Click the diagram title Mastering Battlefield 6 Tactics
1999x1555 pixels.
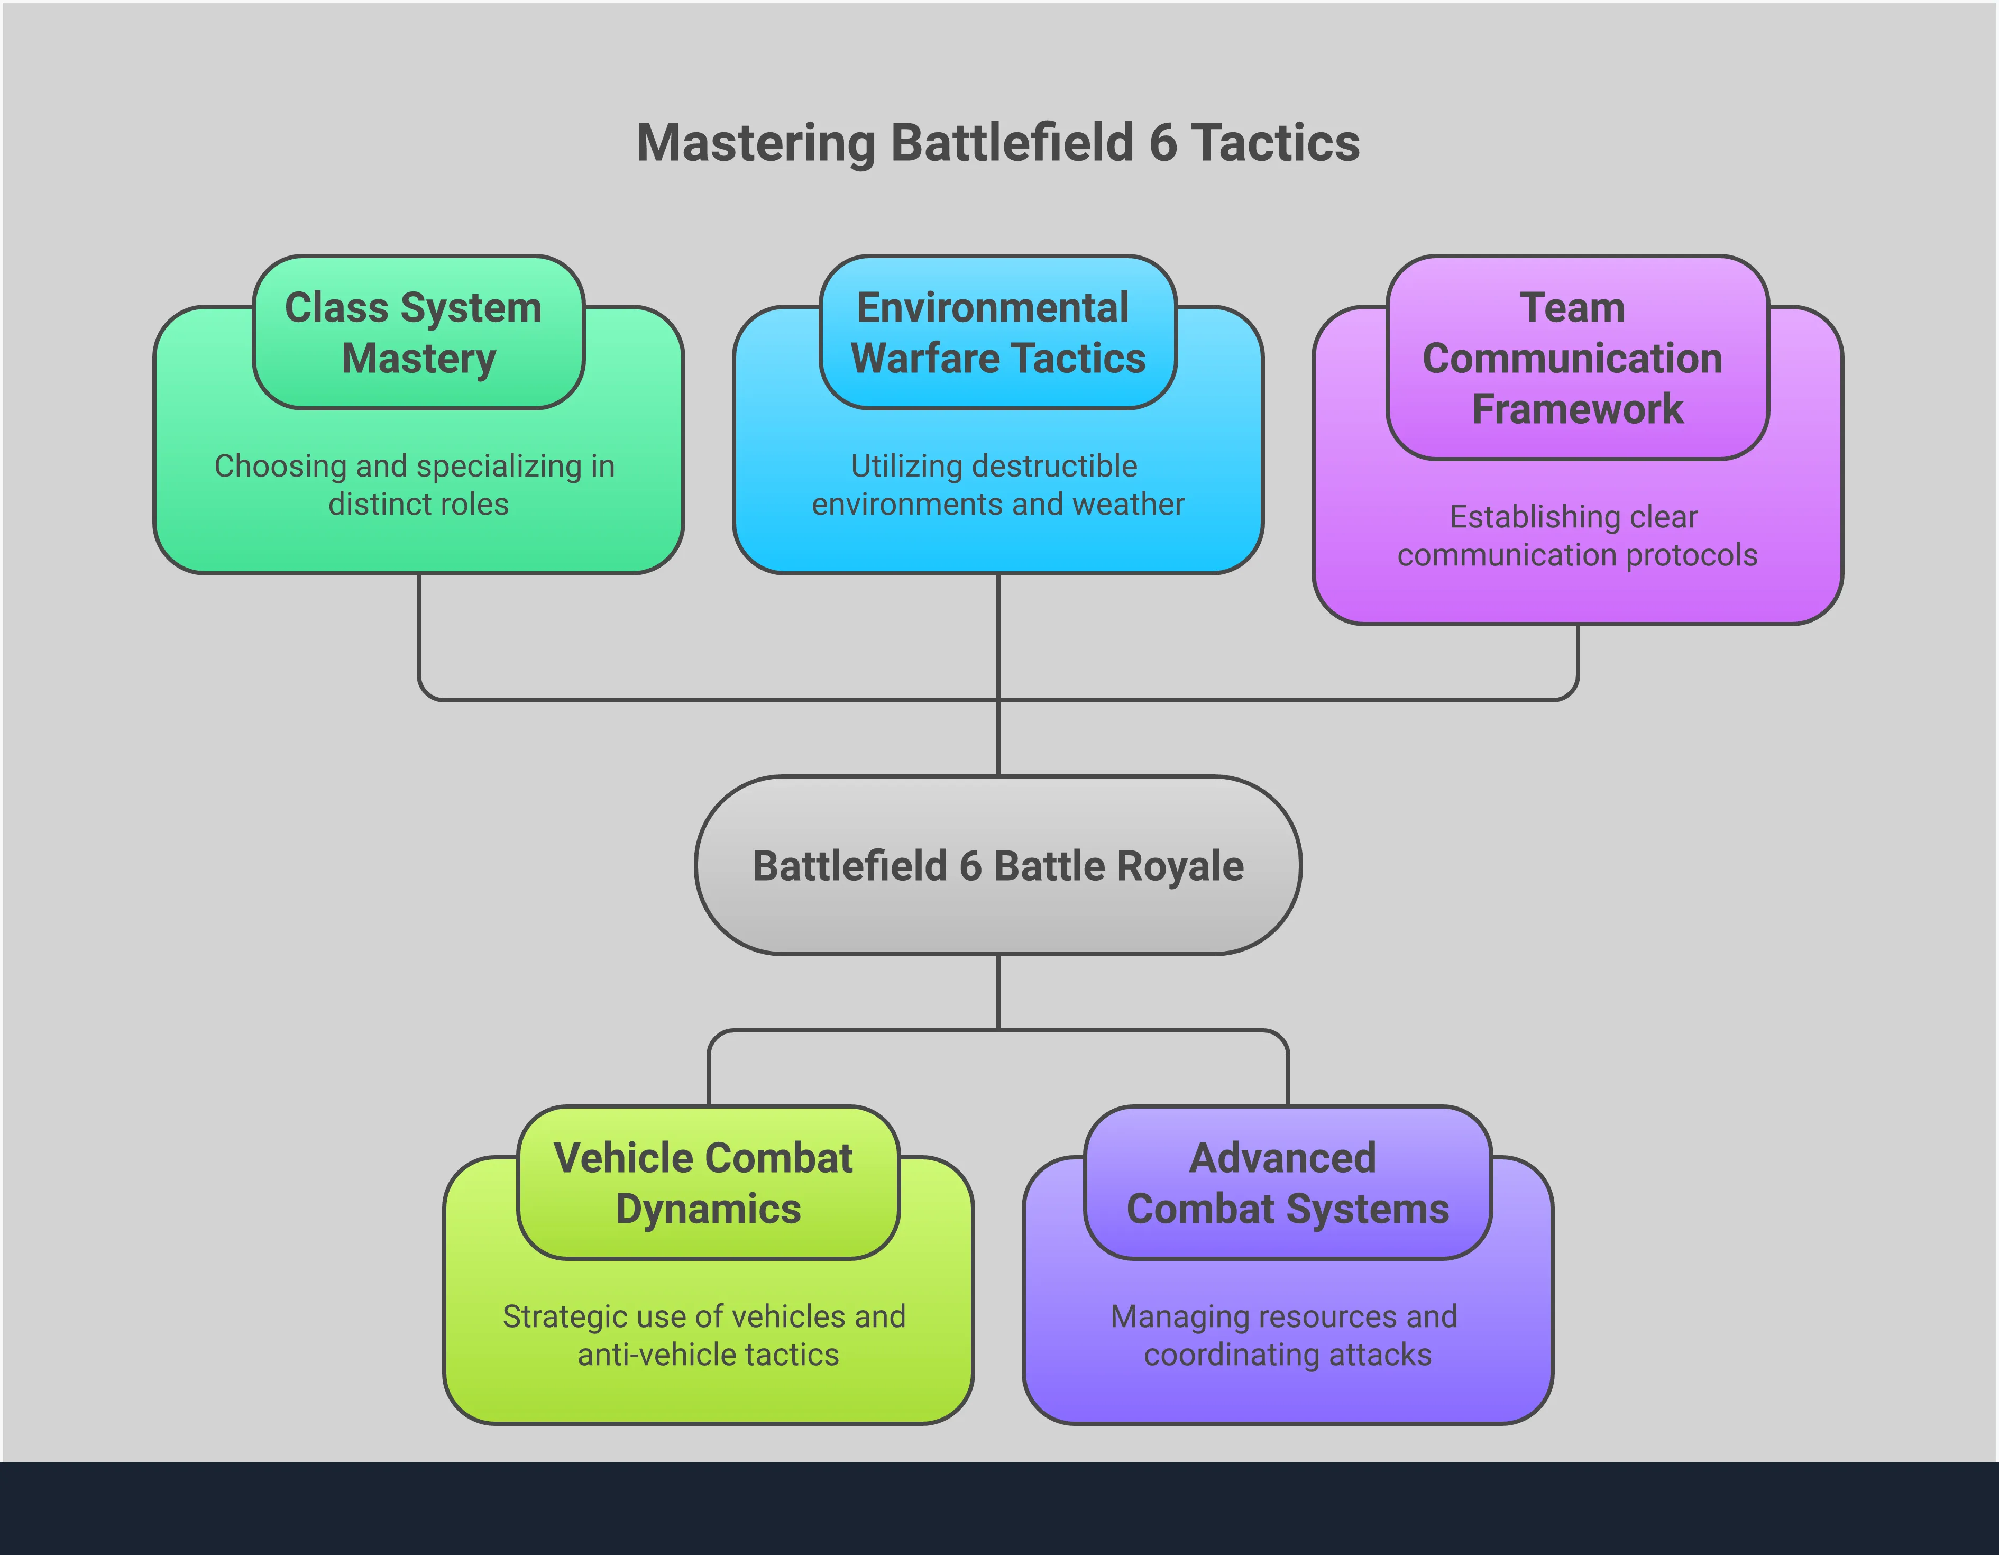tap(998, 144)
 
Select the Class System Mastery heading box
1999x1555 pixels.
tap(418, 332)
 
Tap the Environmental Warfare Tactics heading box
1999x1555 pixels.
tap(998, 332)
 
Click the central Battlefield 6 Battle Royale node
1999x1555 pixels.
tap(998, 866)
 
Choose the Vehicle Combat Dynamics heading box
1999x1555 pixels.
tap(708, 1183)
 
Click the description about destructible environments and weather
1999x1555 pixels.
tap(998, 485)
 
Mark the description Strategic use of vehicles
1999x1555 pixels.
tap(704, 1316)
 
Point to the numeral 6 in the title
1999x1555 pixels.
tap(1162, 144)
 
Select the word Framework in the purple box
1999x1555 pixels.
tap(1577, 409)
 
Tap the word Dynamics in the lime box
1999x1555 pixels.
tap(708, 1209)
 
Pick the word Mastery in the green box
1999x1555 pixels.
tap(418, 359)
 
